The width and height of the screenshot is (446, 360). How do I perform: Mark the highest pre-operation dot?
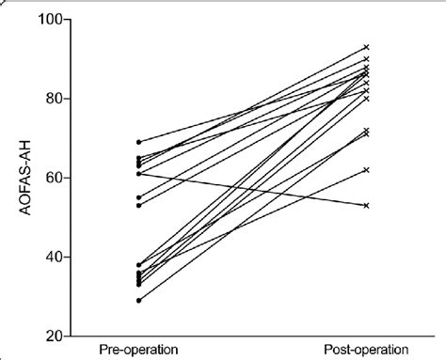coord(139,142)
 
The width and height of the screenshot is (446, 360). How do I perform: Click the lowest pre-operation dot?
coord(139,300)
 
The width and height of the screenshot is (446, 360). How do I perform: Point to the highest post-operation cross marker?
coord(366,47)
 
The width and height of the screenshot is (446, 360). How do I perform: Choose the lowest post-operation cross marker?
coord(366,205)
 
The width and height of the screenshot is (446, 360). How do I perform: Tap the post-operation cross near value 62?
coord(366,169)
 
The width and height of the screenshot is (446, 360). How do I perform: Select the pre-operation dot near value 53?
coord(139,205)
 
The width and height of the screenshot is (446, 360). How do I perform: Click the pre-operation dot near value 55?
coord(139,197)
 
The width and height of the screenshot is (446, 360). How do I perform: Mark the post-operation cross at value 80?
coord(366,99)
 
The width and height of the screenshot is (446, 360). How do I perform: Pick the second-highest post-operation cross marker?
coord(366,59)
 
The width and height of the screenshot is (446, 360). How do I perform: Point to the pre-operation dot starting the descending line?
coord(139,174)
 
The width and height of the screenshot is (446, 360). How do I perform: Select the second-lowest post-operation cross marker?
coord(366,169)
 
